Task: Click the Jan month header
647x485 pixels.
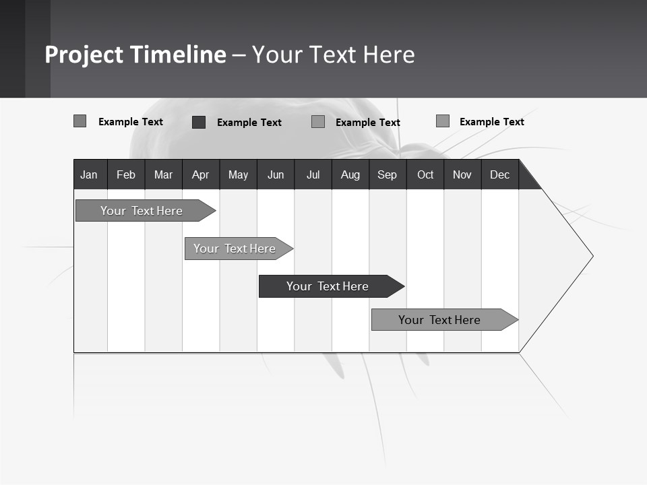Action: coord(90,174)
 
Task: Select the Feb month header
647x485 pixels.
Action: coord(126,174)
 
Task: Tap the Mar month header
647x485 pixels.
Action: coord(163,174)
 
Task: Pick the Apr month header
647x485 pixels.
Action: coord(201,174)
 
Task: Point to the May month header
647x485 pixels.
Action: coord(238,174)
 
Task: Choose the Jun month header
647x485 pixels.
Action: coord(276,174)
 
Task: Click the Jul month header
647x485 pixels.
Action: coord(313,174)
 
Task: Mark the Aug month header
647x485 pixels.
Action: coord(350,174)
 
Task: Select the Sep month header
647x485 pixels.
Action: coord(388,174)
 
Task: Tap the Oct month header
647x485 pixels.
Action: coord(425,174)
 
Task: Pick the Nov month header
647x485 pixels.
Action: coord(462,174)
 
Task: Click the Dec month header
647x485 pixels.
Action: coord(500,174)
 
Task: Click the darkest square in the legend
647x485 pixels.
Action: coord(199,122)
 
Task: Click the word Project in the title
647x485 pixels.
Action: coord(84,55)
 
